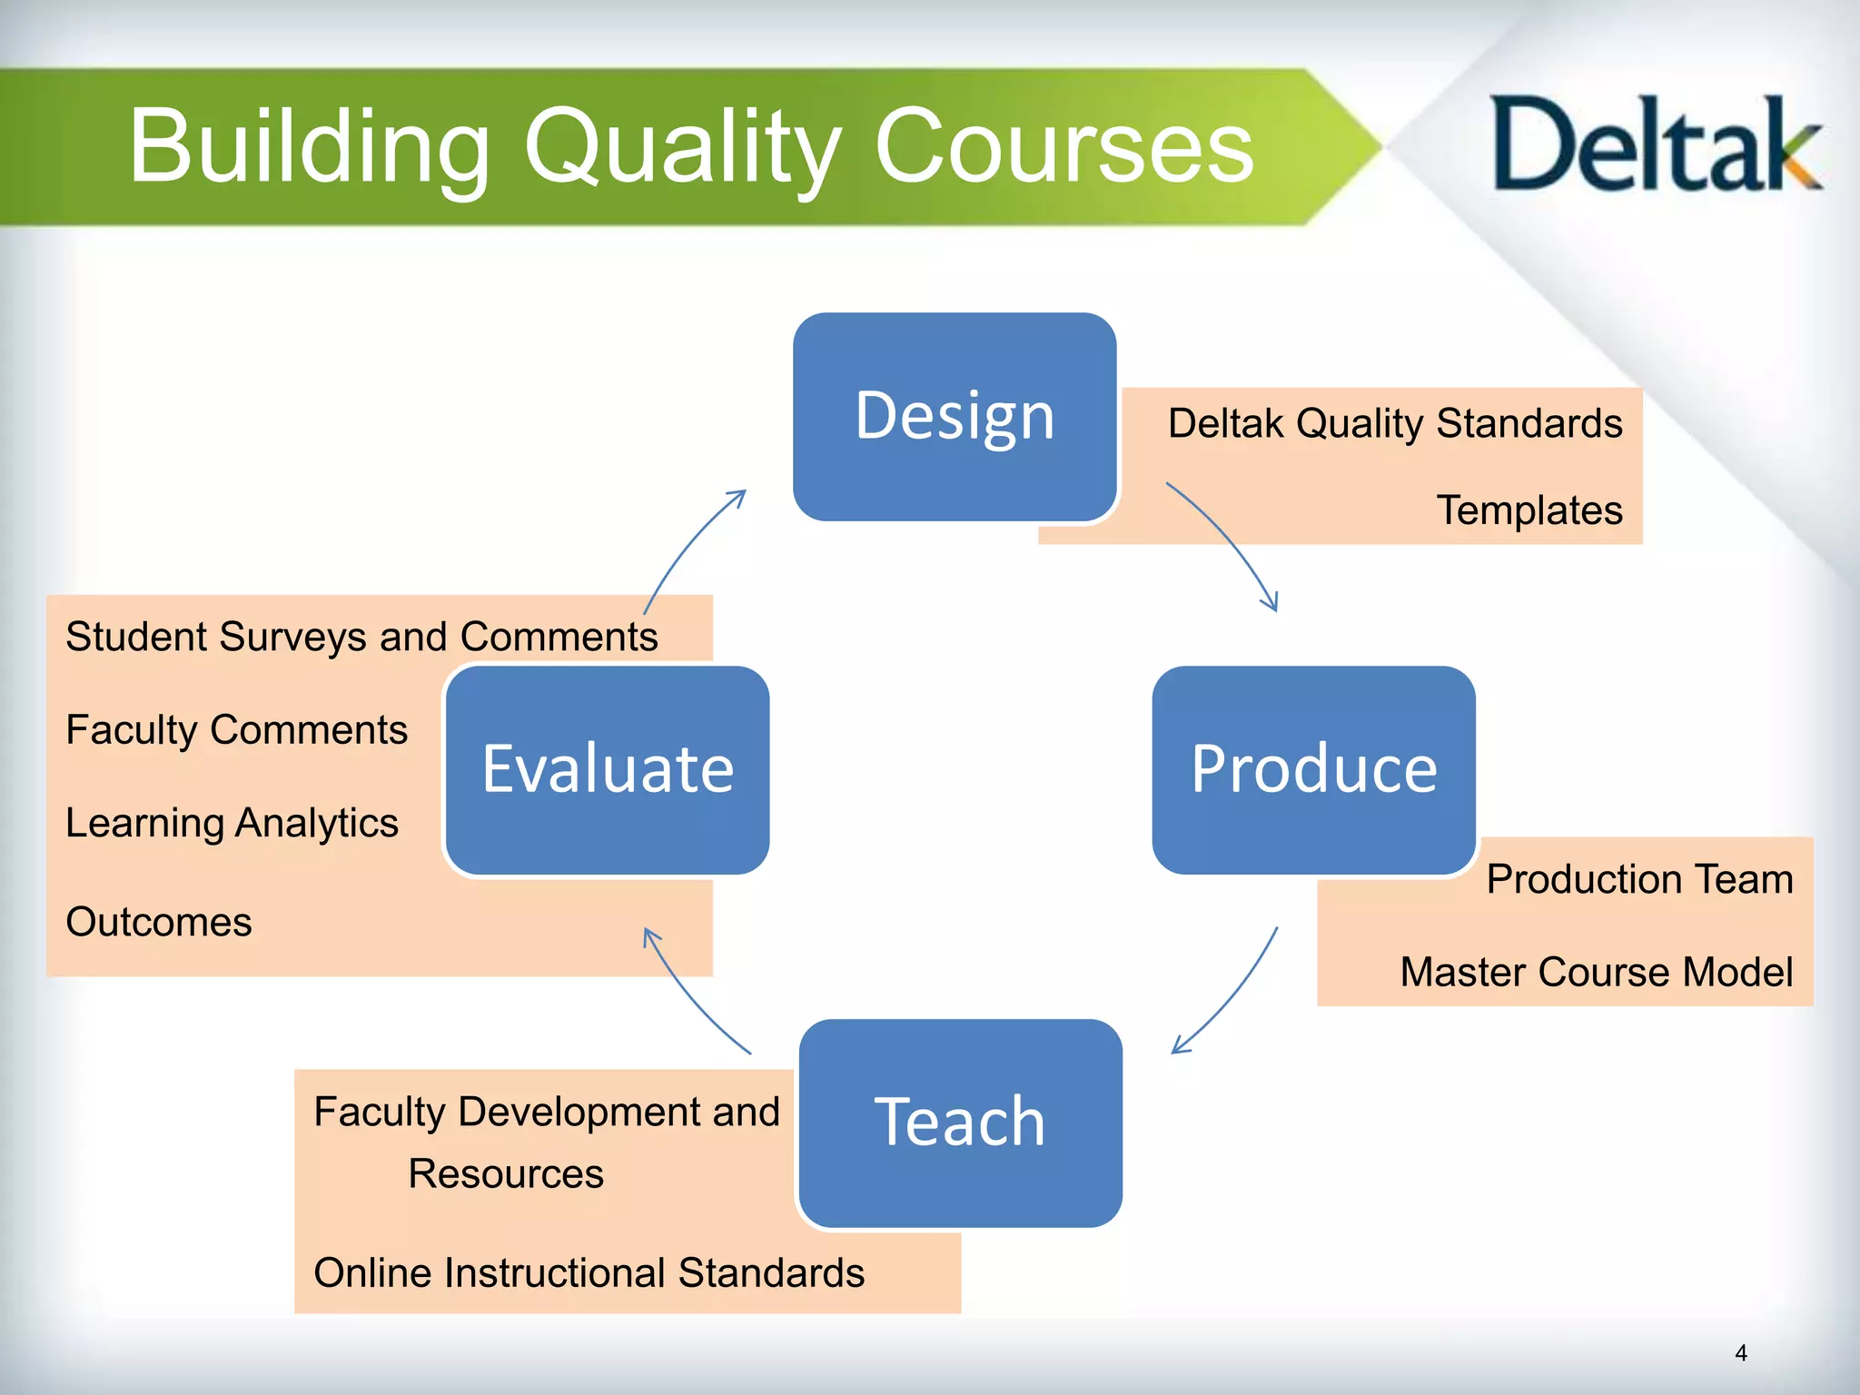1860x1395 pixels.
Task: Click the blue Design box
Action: coord(955,417)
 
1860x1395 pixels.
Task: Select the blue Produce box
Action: coord(1313,769)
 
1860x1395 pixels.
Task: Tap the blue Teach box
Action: coord(960,1123)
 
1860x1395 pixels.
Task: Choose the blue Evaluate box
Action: coord(607,769)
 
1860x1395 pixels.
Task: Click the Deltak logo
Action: coord(1655,145)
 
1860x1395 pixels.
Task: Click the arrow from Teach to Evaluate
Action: coord(690,995)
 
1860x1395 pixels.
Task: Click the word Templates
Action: coord(1529,510)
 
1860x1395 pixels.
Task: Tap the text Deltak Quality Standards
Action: coord(1394,423)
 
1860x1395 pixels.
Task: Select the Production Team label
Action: coord(1639,879)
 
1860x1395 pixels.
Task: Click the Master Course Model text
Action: coord(1596,972)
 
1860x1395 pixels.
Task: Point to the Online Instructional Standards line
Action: coord(589,1272)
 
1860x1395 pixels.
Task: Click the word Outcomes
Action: coord(159,922)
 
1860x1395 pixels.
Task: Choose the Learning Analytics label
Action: coord(232,823)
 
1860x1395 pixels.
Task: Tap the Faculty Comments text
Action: coord(236,730)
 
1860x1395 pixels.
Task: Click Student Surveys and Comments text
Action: coord(361,637)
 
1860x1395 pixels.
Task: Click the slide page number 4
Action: coord(1740,1353)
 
